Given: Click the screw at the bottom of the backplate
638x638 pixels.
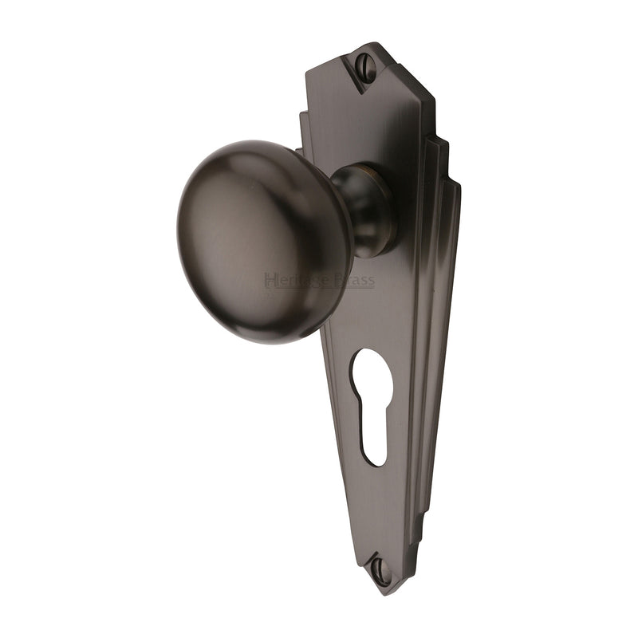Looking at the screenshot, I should [x=379, y=569].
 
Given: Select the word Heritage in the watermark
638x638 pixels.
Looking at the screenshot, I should [x=292, y=280].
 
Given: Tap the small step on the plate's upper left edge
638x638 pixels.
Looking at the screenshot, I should [x=303, y=120].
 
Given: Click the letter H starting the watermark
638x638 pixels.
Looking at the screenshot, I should [x=269, y=280].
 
